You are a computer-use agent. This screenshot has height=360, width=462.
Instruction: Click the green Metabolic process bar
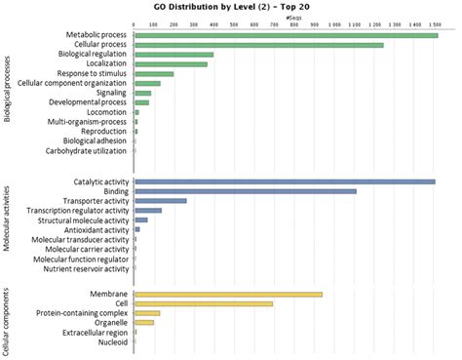point(286,35)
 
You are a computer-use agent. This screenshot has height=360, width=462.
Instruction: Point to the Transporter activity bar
point(160,201)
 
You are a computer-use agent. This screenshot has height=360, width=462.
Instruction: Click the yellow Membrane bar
point(228,294)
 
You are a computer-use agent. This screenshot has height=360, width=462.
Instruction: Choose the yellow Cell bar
point(203,303)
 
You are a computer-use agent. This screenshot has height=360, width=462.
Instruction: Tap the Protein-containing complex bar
point(147,313)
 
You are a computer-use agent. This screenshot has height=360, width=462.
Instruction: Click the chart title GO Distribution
point(231,7)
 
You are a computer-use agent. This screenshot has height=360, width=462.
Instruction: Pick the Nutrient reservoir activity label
point(81,267)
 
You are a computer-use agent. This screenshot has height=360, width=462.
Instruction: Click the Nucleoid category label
point(114,341)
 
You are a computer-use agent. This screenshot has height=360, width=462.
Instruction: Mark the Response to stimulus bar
point(154,74)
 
